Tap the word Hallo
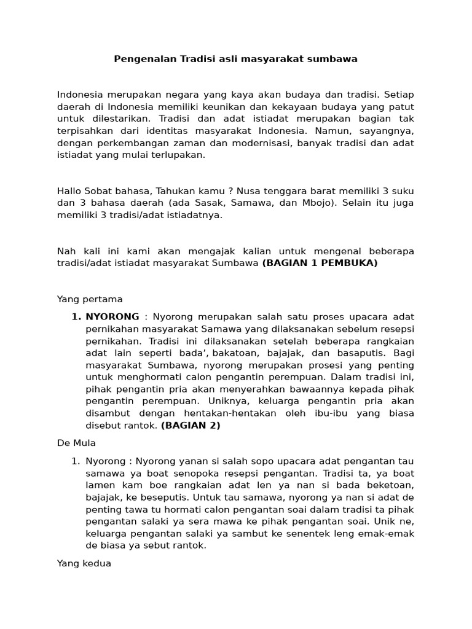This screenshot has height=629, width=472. pos(69,191)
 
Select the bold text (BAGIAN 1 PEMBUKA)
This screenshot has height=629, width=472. pos(320,264)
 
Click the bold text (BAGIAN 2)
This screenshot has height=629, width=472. pos(191,425)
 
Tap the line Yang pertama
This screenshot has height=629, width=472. pos(90,299)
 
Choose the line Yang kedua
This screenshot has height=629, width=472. pos(84,563)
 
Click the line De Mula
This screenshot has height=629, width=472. pos(76,443)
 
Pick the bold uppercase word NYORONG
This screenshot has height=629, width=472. pos(112,317)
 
